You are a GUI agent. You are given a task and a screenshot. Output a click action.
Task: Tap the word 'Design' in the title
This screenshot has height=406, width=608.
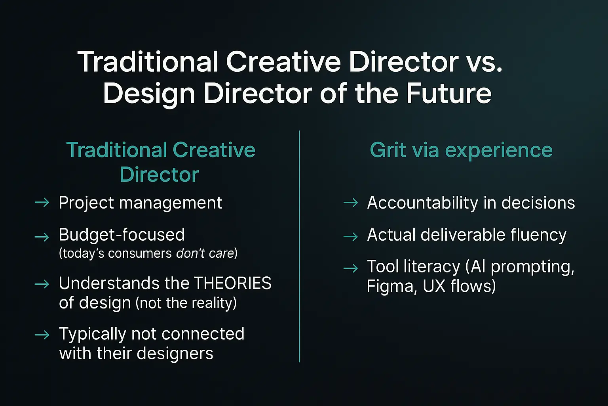149,94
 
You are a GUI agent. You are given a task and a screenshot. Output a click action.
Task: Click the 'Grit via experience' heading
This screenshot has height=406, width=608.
461,150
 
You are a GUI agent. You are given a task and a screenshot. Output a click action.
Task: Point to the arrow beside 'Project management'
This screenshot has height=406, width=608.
42,203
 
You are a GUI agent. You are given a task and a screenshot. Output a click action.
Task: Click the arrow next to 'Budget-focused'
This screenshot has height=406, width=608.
42,237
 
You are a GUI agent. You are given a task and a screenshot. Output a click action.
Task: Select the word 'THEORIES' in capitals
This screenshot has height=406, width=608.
233,283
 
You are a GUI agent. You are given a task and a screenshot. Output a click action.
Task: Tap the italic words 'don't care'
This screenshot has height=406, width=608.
205,253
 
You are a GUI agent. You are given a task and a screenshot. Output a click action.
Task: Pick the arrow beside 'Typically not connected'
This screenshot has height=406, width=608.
42,335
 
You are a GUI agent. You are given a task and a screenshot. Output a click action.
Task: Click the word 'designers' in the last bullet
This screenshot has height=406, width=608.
175,354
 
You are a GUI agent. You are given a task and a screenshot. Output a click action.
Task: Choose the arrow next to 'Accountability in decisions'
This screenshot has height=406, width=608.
351,203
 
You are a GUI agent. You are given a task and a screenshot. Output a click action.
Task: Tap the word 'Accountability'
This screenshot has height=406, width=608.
422,203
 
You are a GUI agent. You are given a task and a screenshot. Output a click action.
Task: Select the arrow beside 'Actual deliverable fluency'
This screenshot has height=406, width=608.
351,237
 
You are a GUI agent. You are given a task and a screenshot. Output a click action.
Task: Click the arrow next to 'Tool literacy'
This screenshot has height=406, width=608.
351,269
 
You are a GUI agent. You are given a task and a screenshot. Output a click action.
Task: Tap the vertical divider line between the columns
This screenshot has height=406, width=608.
299,246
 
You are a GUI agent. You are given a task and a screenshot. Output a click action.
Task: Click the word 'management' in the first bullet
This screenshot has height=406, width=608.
171,203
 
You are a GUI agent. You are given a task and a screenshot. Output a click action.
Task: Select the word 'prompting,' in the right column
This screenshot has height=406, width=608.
532,267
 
